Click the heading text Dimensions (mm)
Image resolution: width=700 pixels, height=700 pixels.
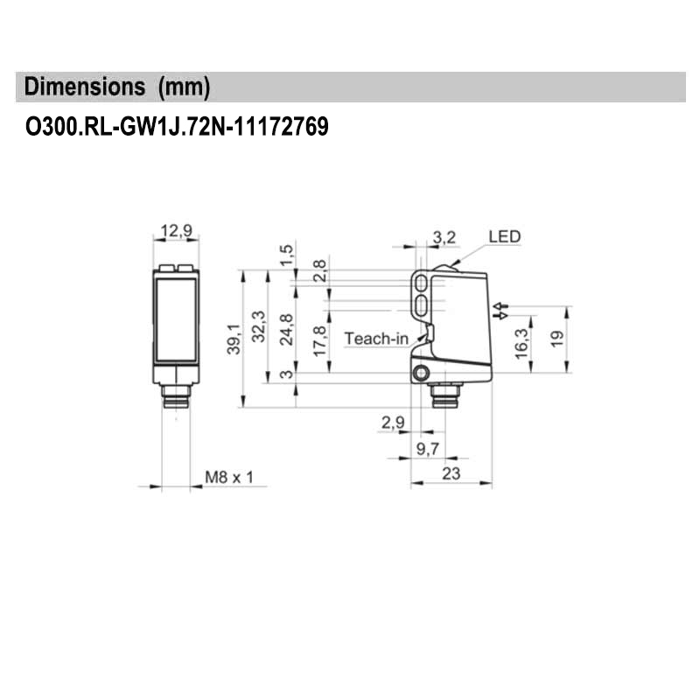tap(117, 87)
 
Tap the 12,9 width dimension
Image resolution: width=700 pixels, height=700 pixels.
tap(176, 231)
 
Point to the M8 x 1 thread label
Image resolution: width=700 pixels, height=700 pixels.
tap(228, 478)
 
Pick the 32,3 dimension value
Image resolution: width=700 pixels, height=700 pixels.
tap(257, 325)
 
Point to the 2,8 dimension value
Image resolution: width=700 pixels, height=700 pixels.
tap(320, 268)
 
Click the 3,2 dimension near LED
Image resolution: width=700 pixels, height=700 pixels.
tap(444, 236)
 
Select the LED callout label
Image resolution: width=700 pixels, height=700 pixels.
tap(504, 236)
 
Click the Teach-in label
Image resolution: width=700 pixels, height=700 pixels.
tap(375, 339)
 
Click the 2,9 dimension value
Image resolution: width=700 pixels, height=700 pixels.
tap(393, 423)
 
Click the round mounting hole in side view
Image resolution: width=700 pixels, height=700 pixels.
tap(422, 374)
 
